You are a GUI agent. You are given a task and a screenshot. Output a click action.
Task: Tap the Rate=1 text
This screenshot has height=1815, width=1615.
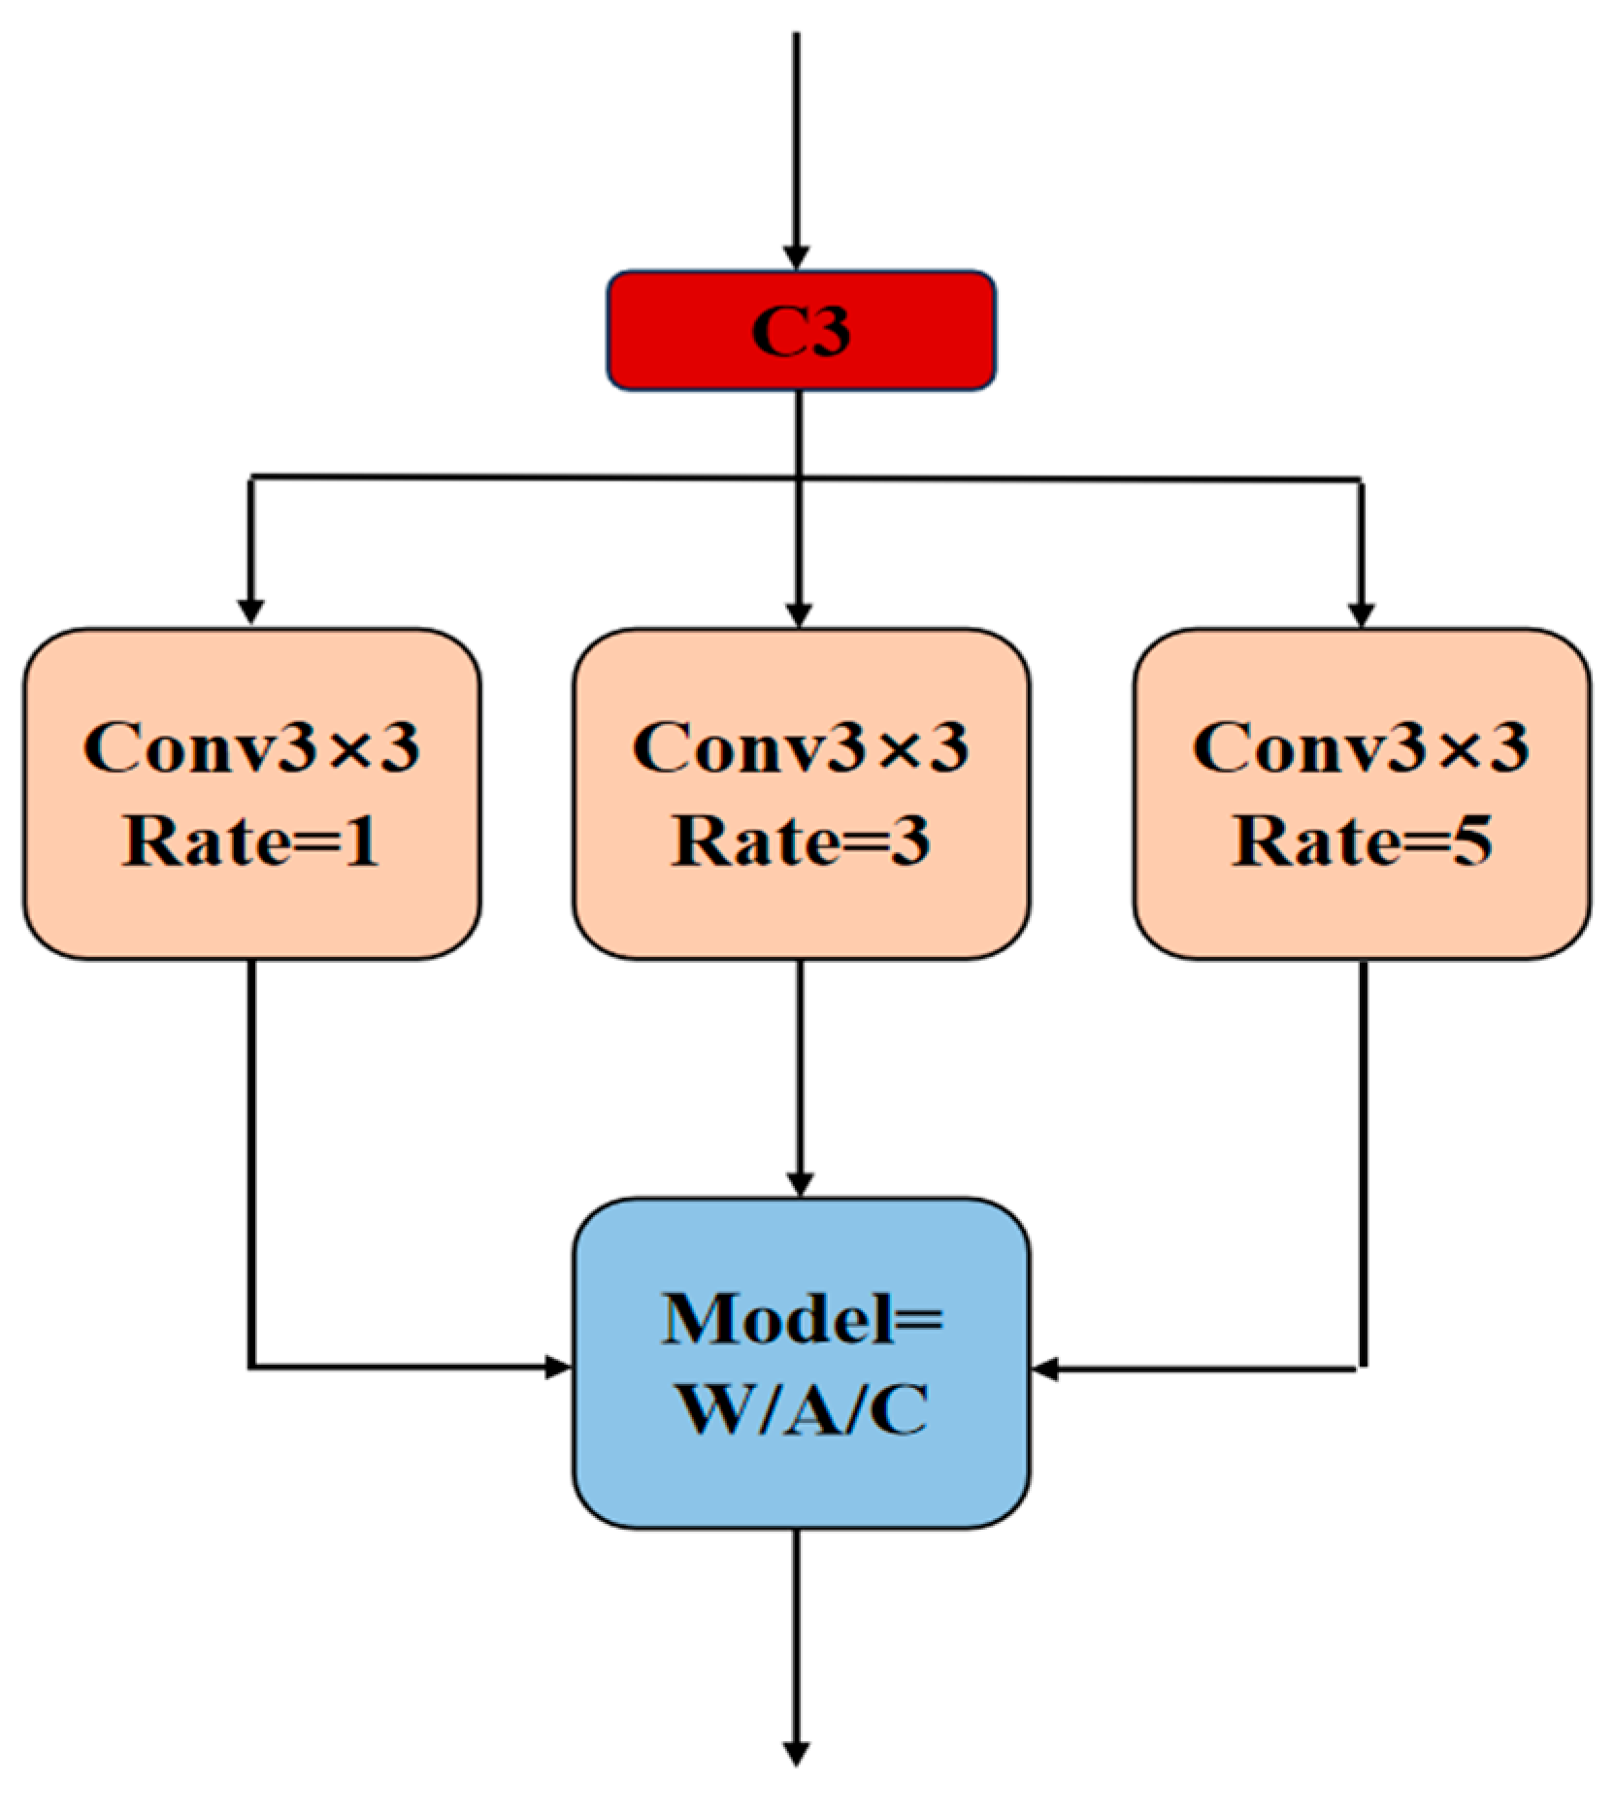point(250,841)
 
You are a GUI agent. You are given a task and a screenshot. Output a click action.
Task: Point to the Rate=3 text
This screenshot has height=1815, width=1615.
point(800,841)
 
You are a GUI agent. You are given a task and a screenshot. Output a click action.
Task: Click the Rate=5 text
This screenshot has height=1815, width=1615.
point(1361,841)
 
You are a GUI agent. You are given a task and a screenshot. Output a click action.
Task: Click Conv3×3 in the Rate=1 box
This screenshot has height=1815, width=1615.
point(250,748)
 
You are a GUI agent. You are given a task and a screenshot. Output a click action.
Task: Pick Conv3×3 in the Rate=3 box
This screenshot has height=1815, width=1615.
point(800,748)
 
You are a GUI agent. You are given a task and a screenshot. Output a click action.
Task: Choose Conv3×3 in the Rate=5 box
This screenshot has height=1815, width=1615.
point(1361,748)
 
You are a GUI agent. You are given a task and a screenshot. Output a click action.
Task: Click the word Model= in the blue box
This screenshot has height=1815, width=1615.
point(800,1319)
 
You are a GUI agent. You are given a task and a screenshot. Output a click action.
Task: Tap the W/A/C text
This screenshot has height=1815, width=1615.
point(800,1408)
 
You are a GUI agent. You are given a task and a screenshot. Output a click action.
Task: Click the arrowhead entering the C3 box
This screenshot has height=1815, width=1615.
point(796,257)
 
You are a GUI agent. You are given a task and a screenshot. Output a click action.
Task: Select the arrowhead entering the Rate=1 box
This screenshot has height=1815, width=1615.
point(250,612)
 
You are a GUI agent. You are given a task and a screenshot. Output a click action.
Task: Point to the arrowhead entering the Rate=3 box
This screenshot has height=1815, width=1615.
point(798,614)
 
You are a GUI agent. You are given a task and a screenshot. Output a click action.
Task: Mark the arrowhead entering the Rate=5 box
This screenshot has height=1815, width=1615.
point(1362,614)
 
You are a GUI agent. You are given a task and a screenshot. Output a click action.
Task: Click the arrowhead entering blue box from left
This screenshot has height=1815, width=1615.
point(558,1368)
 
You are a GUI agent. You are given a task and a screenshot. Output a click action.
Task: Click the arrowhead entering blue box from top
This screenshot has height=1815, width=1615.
point(799,1184)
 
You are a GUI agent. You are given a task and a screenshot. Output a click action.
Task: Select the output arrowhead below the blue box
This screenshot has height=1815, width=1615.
point(796,1754)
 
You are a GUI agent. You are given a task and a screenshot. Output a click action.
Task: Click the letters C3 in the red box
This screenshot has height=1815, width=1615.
point(801,331)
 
